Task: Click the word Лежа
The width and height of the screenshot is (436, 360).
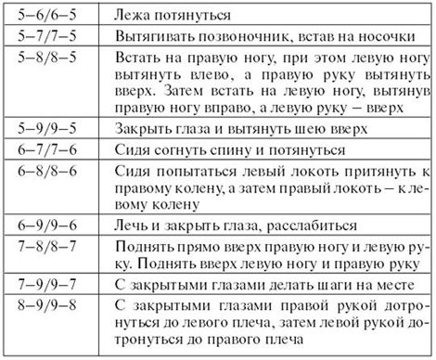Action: (141, 16)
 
